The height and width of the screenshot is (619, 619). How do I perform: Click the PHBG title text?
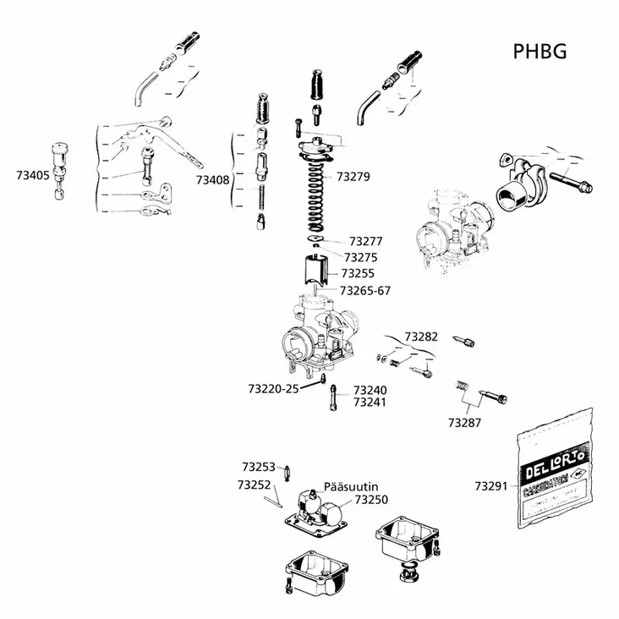click(539, 52)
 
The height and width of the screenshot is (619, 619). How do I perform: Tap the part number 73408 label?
click(213, 180)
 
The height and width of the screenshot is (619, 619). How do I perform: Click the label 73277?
click(366, 241)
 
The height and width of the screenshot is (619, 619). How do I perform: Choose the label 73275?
click(360, 257)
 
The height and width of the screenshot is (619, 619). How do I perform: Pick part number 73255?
click(358, 274)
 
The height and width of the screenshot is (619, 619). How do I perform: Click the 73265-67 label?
click(365, 290)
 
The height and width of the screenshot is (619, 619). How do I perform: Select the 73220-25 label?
click(273, 390)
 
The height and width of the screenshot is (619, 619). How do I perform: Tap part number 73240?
click(370, 391)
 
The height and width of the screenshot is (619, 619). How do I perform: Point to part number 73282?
click(421, 337)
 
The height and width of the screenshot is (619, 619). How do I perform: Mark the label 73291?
click(491, 486)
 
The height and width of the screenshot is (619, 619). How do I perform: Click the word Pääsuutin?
click(351, 488)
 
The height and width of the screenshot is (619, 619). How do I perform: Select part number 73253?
click(258, 467)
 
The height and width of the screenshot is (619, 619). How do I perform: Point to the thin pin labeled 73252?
click(272, 500)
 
